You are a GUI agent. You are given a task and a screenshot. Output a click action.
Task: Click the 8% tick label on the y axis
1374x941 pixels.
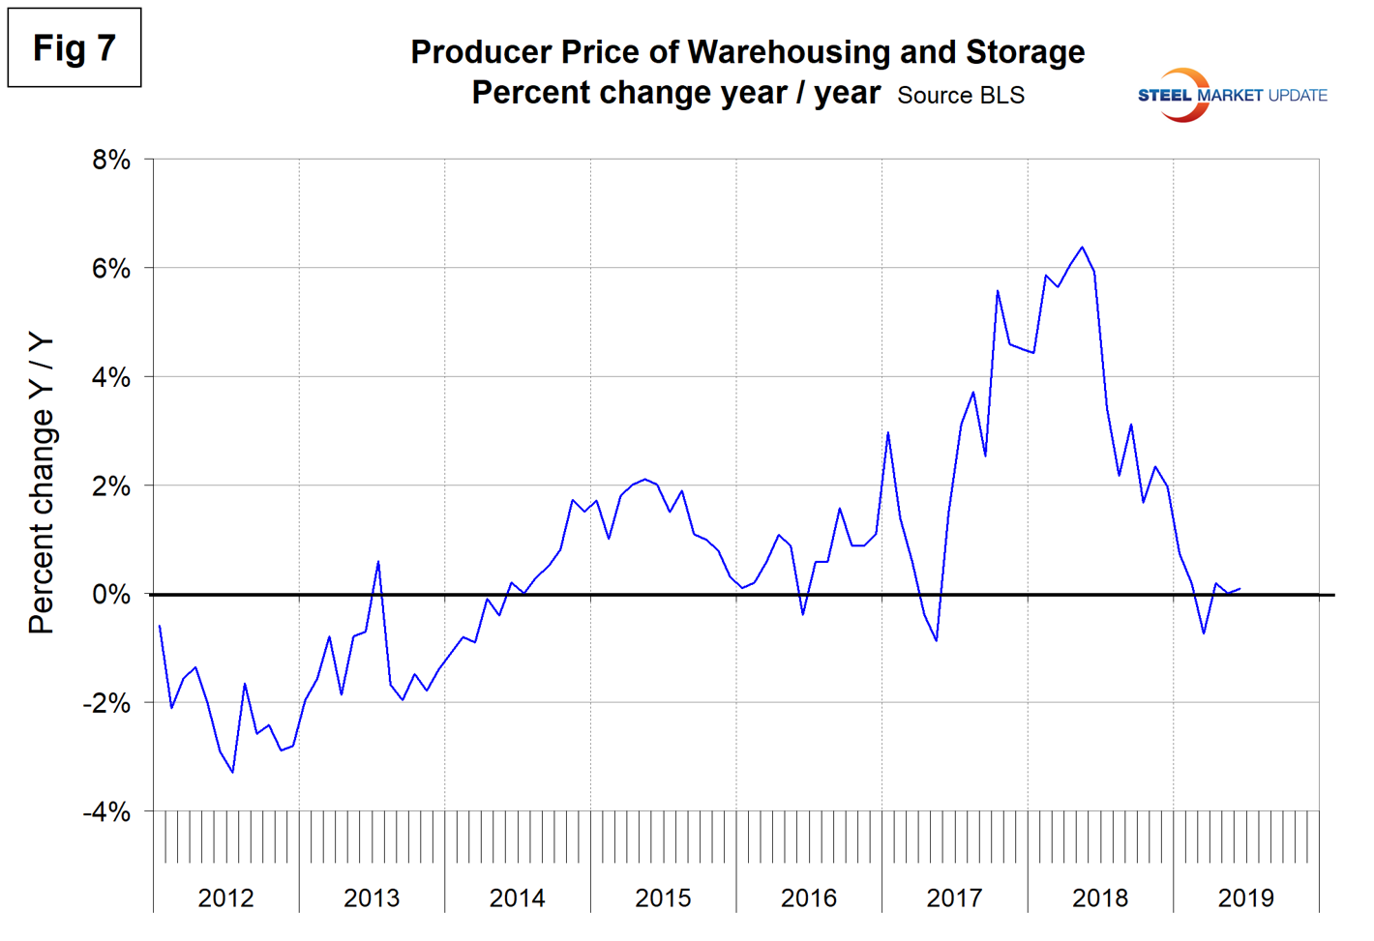[x=111, y=160]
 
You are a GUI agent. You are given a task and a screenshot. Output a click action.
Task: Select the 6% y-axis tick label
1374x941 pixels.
[x=111, y=269]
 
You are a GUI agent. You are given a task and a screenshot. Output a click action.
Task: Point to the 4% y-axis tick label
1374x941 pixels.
[x=111, y=377]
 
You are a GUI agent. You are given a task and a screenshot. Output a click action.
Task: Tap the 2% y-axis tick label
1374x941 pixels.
[x=111, y=486]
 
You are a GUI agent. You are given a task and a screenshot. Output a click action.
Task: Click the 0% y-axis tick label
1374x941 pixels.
[x=111, y=595]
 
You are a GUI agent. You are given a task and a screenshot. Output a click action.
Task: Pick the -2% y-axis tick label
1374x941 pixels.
[x=106, y=704]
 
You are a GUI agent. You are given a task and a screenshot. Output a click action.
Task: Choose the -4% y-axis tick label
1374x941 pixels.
[x=106, y=812]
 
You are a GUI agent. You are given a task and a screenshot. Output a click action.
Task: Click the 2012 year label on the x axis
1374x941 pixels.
[x=225, y=898]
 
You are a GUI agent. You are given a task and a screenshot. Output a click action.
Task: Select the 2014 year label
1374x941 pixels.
[x=517, y=898]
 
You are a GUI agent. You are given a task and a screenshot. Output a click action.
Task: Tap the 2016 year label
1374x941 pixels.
[x=809, y=898]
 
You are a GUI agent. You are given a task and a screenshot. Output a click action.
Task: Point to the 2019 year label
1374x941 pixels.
[x=1246, y=898]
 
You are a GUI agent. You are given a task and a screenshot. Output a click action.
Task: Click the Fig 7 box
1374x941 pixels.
[x=75, y=47]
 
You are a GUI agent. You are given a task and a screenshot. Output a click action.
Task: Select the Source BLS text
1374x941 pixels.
[x=961, y=96]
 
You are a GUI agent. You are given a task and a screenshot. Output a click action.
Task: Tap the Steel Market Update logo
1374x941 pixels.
[x=1232, y=95]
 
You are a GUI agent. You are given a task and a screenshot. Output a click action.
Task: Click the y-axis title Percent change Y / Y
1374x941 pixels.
[x=42, y=484]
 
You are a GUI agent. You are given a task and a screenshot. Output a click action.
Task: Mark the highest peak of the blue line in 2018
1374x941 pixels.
[x=1082, y=248]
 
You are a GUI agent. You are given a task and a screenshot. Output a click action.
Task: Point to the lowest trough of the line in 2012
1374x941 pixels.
[x=232, y=772]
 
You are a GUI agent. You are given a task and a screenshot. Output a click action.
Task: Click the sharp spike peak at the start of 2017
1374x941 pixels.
[x=888, y=432]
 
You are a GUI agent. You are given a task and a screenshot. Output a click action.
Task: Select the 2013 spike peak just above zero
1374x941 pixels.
[x=378, y=561]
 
